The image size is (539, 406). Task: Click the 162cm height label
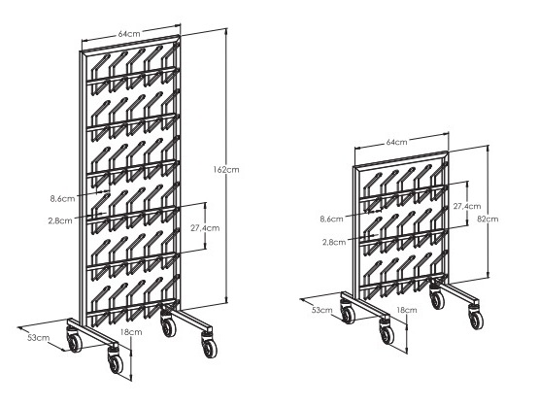pos(226,169)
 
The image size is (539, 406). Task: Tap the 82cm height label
pos(488,219)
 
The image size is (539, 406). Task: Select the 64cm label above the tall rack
pos(129,34)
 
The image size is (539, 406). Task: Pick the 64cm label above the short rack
pos(396,142)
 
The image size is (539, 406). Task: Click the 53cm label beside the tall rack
pos(39,338)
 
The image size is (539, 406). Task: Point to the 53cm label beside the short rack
pos(322,310)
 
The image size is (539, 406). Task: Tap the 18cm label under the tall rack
pos(131,332)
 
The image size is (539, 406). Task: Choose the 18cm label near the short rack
pos(407,310)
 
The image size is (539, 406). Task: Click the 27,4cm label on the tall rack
pos(205,228)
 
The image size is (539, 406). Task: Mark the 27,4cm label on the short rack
pos(467,206)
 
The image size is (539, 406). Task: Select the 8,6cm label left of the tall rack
pos(62,199)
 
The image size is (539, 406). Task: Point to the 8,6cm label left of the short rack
pos(331,219)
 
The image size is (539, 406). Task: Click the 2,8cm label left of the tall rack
pos(60,220)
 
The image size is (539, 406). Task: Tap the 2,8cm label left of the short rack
pos(334,242)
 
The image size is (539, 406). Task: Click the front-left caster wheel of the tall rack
pos(116,361)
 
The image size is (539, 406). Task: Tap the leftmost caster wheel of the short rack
pos(347,312)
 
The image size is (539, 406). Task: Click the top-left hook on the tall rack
pos(100,74)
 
